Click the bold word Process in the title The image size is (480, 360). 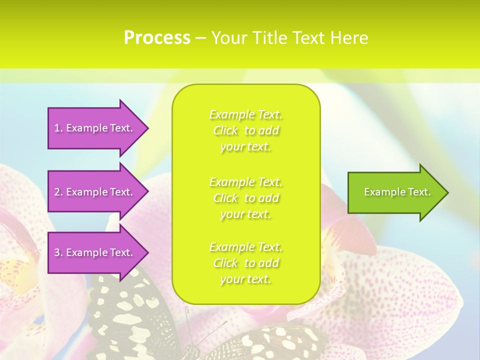157,38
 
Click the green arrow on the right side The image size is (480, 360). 395,192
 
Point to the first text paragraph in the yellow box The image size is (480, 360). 246,130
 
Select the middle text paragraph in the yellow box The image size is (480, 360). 246,198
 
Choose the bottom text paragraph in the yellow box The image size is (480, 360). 246,263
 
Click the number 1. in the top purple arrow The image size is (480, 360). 58,128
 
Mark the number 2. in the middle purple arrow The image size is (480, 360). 58,192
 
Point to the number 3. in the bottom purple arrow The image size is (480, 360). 58,252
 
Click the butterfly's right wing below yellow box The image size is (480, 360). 270,345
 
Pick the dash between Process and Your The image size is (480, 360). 201,38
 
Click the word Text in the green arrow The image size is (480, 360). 419,192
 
